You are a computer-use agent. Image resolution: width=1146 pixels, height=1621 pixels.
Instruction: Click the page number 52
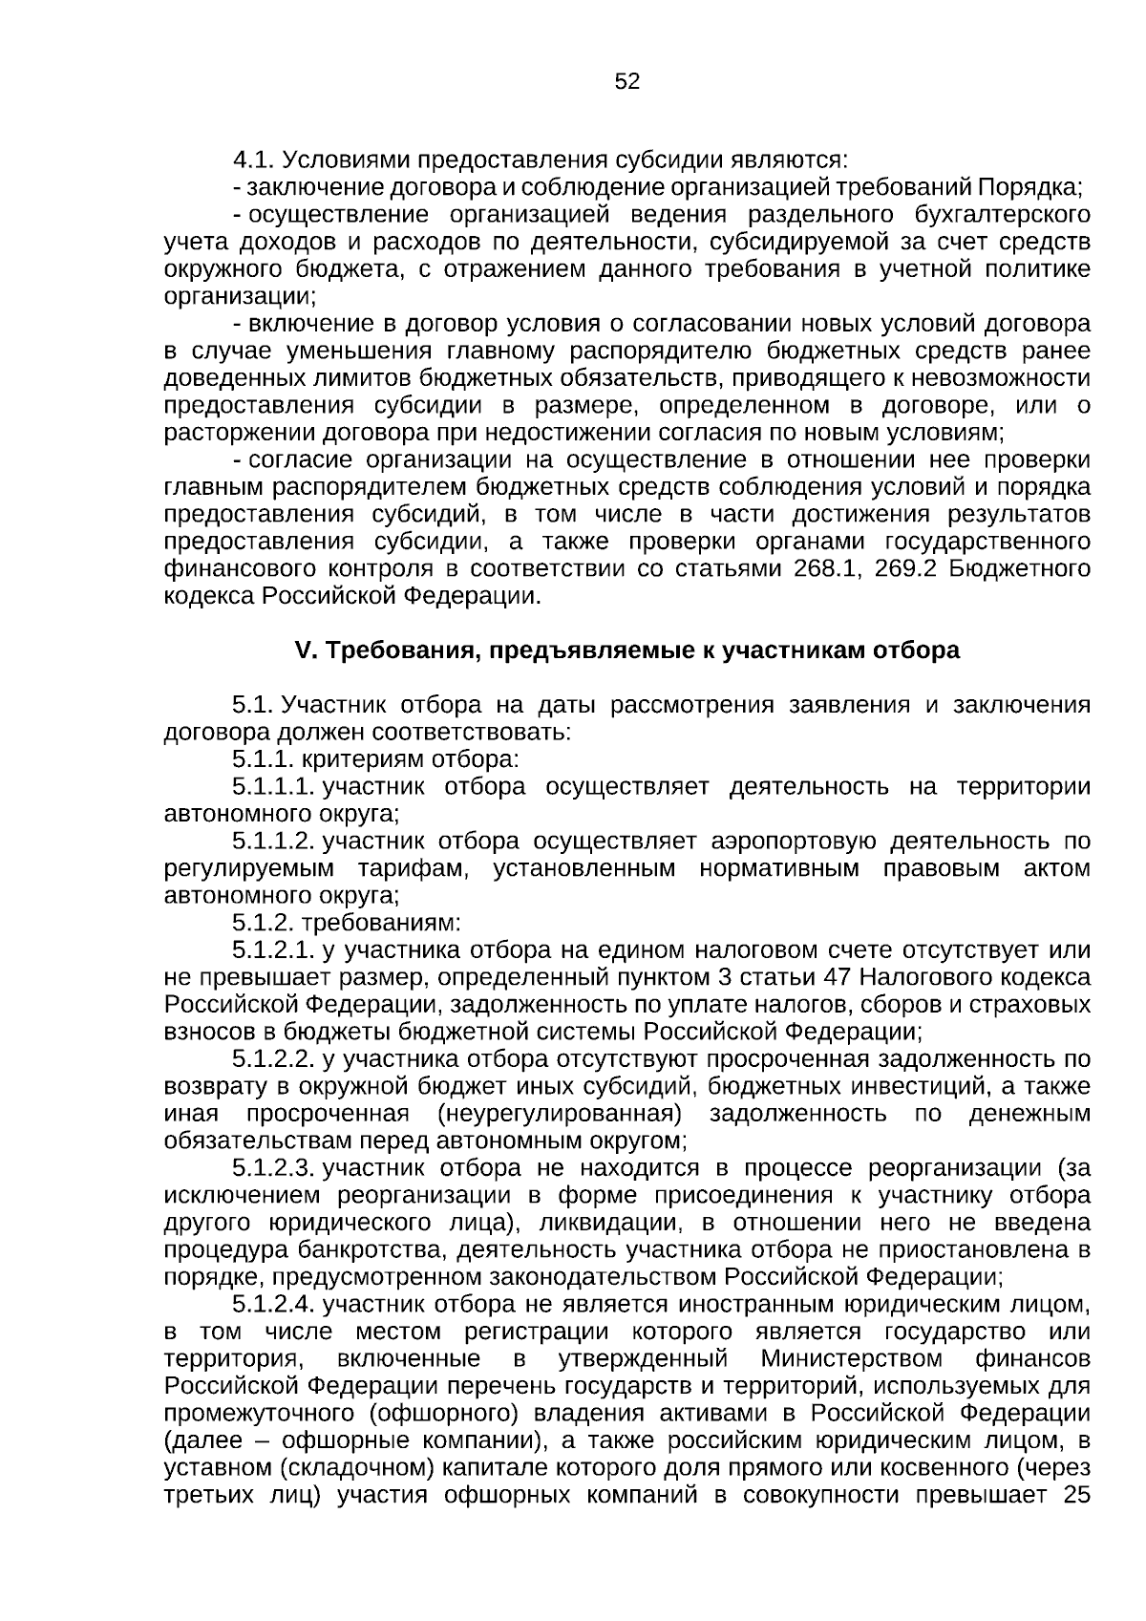(626, 82)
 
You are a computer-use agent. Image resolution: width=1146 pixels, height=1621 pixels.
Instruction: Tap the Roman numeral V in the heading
(305, 651)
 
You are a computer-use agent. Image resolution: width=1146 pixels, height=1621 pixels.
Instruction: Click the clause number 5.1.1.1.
(273, 787)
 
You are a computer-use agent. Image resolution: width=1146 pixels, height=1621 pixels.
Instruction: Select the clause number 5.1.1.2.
(273, 842)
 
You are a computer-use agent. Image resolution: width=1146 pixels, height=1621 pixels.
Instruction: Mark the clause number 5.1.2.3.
(273, 1168)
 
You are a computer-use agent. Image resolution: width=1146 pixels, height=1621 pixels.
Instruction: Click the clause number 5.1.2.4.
(273, 1304)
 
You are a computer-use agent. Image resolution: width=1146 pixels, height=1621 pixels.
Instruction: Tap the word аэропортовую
(793, 842)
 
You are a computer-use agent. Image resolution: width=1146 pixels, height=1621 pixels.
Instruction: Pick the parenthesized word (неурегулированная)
(559, 1114)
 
